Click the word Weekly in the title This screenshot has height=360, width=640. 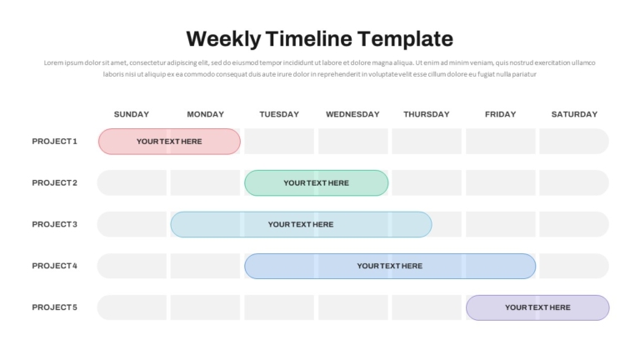coord(223,40)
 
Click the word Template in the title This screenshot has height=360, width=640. coord(405,40)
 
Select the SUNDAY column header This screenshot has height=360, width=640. coord(132,114)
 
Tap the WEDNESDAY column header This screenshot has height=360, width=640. coord(352,114)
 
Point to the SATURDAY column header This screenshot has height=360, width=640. coord(574,114)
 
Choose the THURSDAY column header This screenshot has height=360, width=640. coord(427,114)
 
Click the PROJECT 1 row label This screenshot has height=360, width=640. coord(55,141)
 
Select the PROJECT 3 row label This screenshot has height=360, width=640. coord(55,224)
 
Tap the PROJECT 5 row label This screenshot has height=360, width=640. coord(55,307)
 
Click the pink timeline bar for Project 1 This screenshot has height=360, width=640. coord(169,142)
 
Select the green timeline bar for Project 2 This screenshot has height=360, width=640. coord(317,182)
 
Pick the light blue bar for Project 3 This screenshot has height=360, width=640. coord(301,224)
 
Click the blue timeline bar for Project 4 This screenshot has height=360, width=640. coord(390,266)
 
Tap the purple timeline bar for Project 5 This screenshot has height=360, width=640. coord(537,307)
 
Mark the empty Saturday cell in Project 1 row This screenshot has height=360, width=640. coord(574,141)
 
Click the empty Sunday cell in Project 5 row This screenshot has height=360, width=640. coord(132,307)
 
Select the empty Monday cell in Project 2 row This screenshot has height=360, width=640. coord(205,182)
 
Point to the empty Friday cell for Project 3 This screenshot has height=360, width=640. coord(500,224)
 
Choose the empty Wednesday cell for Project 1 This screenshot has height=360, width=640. coord(353,141)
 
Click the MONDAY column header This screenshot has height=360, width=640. coord(205,114)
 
